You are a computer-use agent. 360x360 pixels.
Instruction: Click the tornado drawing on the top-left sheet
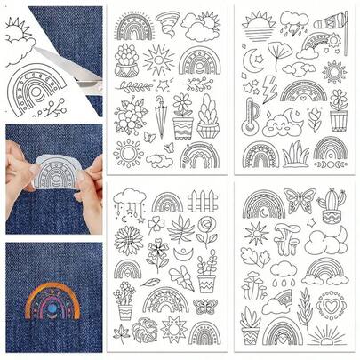pos(168,21)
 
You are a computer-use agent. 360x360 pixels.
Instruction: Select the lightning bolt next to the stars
pos(269,88)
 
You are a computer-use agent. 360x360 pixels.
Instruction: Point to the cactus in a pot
pos(331,204)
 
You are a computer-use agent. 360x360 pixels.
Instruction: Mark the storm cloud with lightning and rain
pos(293,21)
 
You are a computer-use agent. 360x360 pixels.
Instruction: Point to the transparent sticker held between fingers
pos(53,173)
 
